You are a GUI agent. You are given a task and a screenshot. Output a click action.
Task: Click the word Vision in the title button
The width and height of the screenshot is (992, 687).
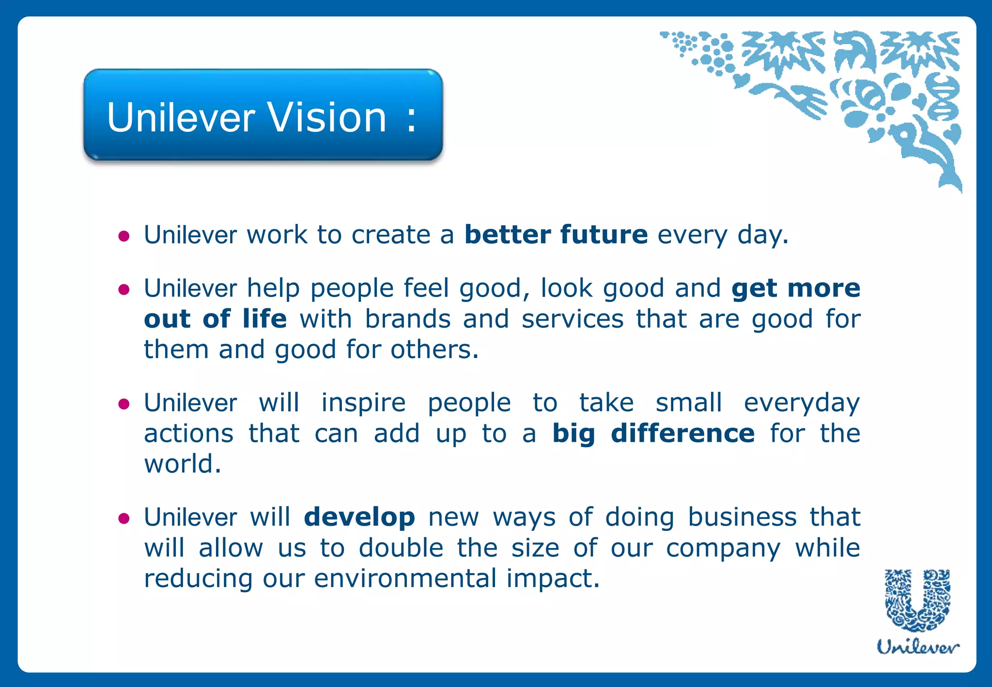tap(327, 118)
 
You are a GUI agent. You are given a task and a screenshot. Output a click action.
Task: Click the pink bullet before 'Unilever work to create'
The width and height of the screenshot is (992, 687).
tap(124, 236)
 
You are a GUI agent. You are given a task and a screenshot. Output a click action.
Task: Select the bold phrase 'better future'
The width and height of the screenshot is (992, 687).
tap(556, 235)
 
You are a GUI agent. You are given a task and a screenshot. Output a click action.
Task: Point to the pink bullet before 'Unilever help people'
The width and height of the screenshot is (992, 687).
tap(124, 290)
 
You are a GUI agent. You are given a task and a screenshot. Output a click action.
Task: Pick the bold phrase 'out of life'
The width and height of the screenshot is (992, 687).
tap(215, 319)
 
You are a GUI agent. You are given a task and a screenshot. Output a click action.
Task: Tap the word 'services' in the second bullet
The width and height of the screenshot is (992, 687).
tap(572, 319)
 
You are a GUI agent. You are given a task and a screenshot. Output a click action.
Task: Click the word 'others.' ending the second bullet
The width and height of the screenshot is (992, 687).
tap(434, 350)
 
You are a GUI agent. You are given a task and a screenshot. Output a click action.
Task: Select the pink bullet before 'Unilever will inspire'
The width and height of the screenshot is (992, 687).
tap(124, 404)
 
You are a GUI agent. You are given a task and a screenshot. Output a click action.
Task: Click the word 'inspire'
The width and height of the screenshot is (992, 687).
tap(363, 403)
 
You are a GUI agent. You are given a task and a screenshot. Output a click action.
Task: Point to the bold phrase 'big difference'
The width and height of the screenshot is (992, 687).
tap(653, 433)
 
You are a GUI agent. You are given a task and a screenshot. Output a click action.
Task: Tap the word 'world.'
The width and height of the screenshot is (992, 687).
tap(183, 464)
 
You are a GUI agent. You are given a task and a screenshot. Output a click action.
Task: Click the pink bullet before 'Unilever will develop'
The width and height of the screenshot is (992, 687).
tap(124, 519)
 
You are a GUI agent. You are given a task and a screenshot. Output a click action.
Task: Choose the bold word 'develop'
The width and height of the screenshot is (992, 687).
tap(359, 517)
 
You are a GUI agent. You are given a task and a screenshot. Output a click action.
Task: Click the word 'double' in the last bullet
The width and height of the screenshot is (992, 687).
tap(401, 548)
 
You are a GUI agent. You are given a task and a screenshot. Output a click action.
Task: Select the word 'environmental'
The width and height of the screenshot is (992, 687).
tap(405, 578)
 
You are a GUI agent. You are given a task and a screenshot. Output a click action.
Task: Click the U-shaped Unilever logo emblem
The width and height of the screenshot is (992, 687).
tap(917, 600)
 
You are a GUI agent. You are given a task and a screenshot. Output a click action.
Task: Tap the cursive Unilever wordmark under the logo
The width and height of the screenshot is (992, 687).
tap(917, 646)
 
